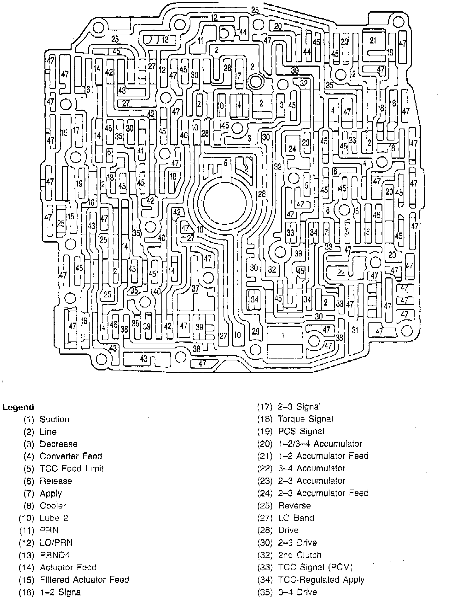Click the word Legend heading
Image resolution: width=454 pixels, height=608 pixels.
tap(18, 407)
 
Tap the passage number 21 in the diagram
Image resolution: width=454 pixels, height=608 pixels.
tap(373, 40)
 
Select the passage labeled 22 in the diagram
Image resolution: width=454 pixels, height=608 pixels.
tap(340, 272)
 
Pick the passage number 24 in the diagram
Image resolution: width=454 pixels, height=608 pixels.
tap(293, 148)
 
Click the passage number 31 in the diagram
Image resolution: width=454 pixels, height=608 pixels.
tap(355, 330)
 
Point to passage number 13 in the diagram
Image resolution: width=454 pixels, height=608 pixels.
tap(165, 40)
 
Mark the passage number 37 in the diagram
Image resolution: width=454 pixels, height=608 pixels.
tap(195, 288)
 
